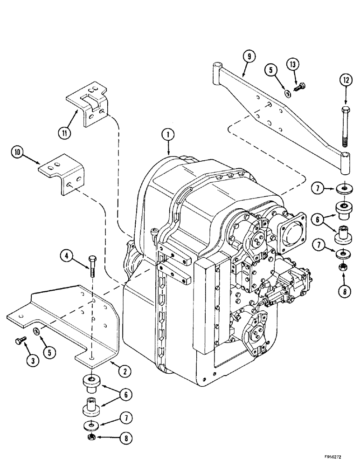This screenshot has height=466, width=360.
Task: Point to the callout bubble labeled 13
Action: click(295, 64)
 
